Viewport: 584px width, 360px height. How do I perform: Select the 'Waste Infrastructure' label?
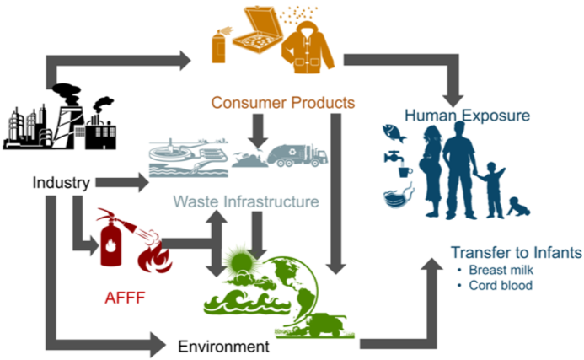(246, 202)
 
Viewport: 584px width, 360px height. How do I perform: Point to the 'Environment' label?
(223, 346)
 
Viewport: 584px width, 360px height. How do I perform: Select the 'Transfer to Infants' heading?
(516, 252)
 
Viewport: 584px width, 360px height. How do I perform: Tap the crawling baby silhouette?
(520, 205)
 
